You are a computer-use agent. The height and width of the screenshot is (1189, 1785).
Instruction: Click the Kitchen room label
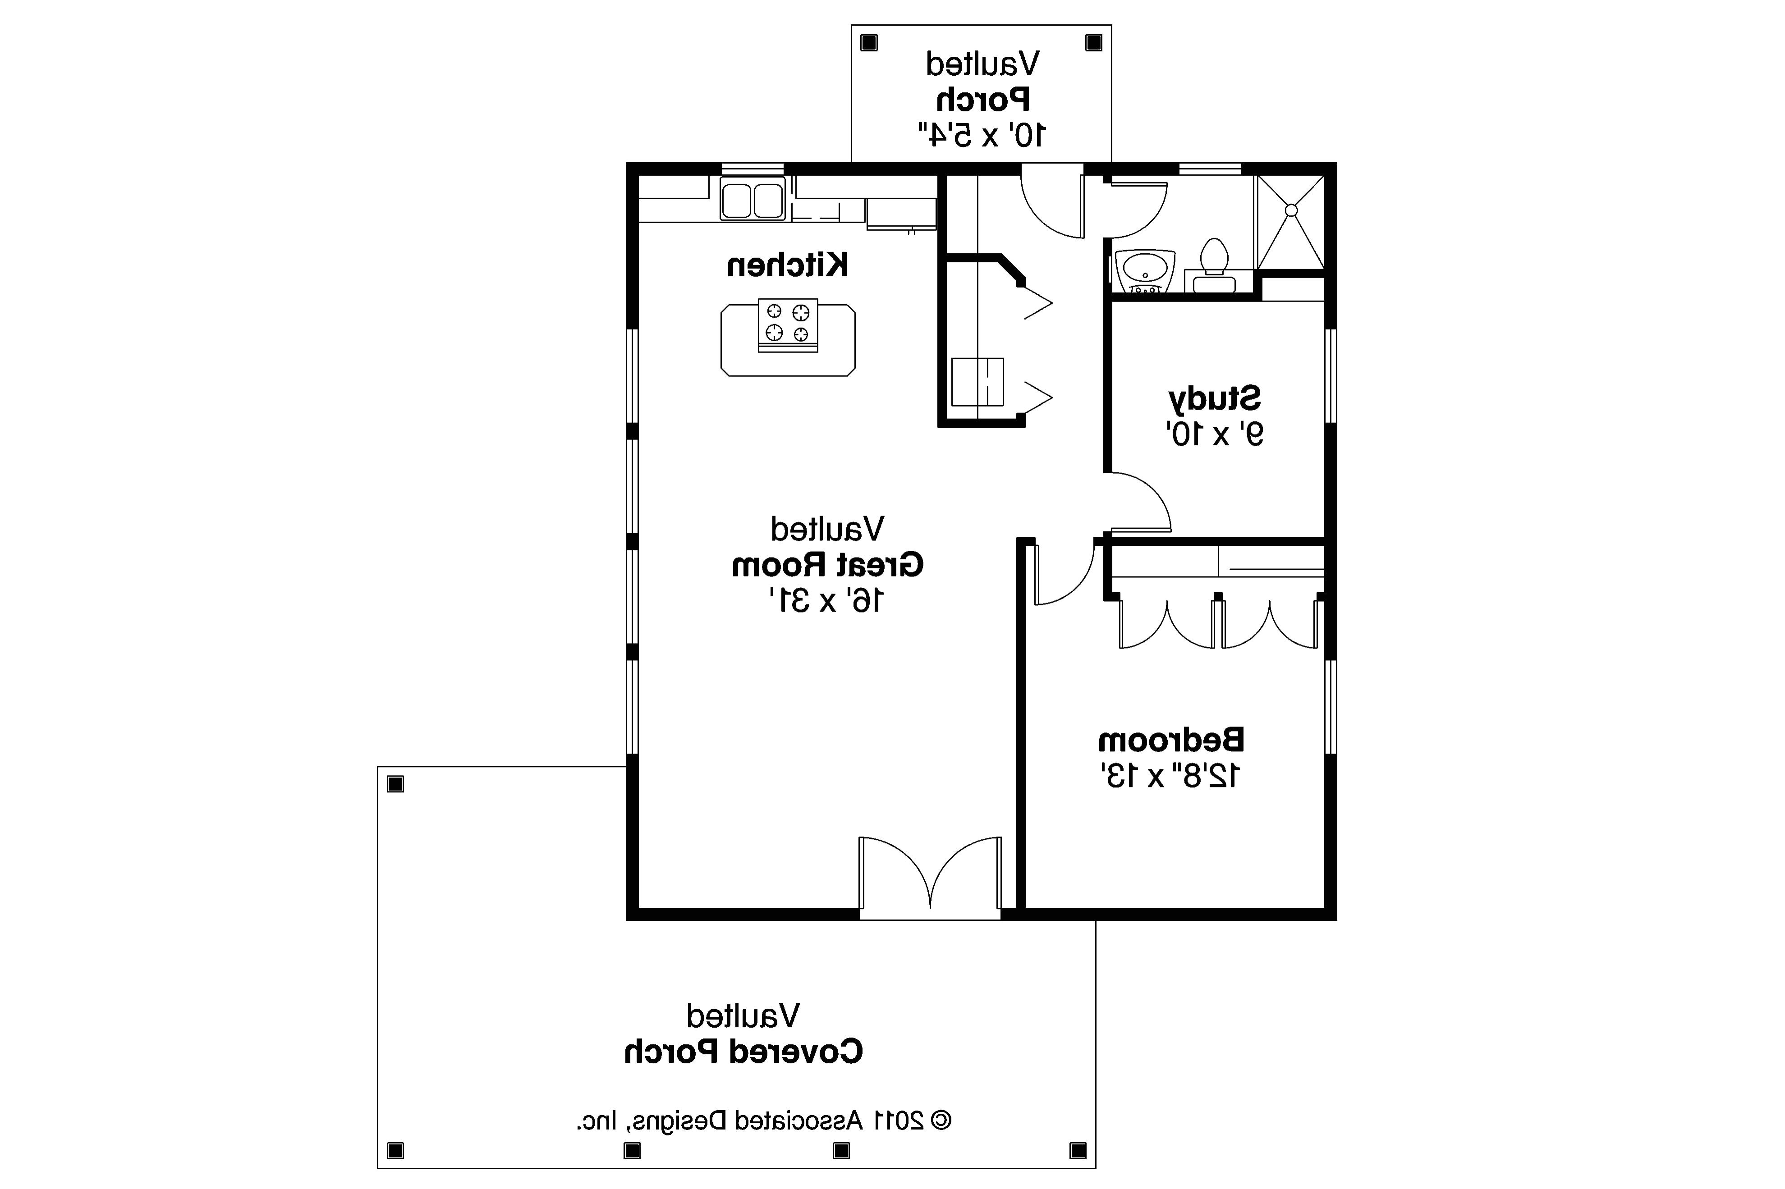[787, 265]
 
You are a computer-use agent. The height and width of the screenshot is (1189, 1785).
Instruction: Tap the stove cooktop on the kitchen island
[787, 325]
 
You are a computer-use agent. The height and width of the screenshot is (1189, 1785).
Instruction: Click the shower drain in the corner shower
[1291, 210]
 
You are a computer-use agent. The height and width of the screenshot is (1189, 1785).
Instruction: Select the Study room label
[1214, 398]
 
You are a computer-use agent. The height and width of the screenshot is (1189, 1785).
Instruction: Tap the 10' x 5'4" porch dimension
[981, 135]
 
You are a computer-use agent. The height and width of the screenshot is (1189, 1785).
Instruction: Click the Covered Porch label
[743, 1052]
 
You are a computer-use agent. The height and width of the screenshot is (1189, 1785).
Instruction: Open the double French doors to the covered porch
[930, 876]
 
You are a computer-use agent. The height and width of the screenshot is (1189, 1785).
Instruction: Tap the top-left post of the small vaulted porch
[869, 43]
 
